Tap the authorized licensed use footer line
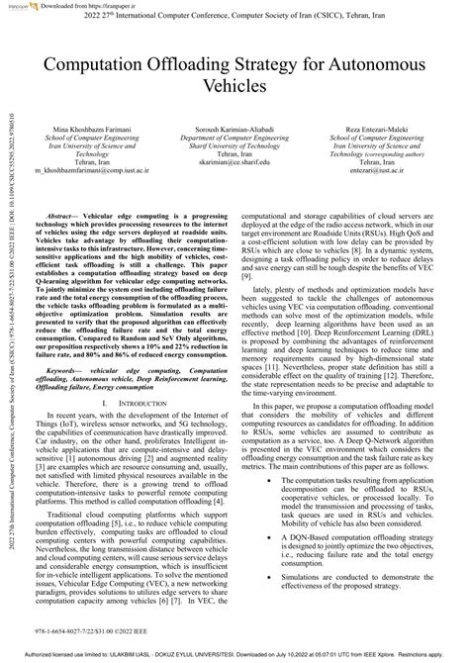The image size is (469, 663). [234, 655]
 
